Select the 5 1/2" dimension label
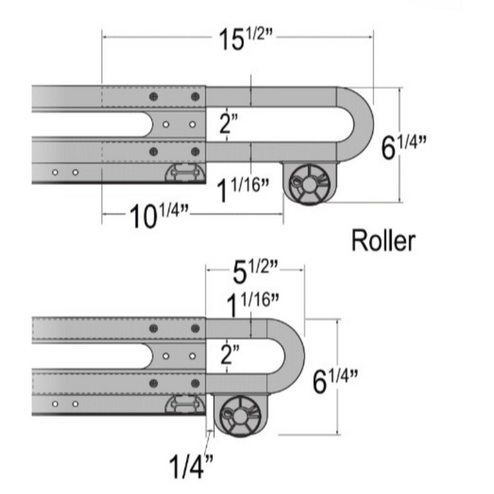[x=254, y=268]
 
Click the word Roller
[x=383, y=241]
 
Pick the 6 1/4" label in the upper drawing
[x=404, y=147]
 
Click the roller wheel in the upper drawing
[x=309, y=182]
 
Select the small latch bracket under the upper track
[x=185, y=172]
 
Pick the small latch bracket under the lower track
[x=185, y=404]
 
